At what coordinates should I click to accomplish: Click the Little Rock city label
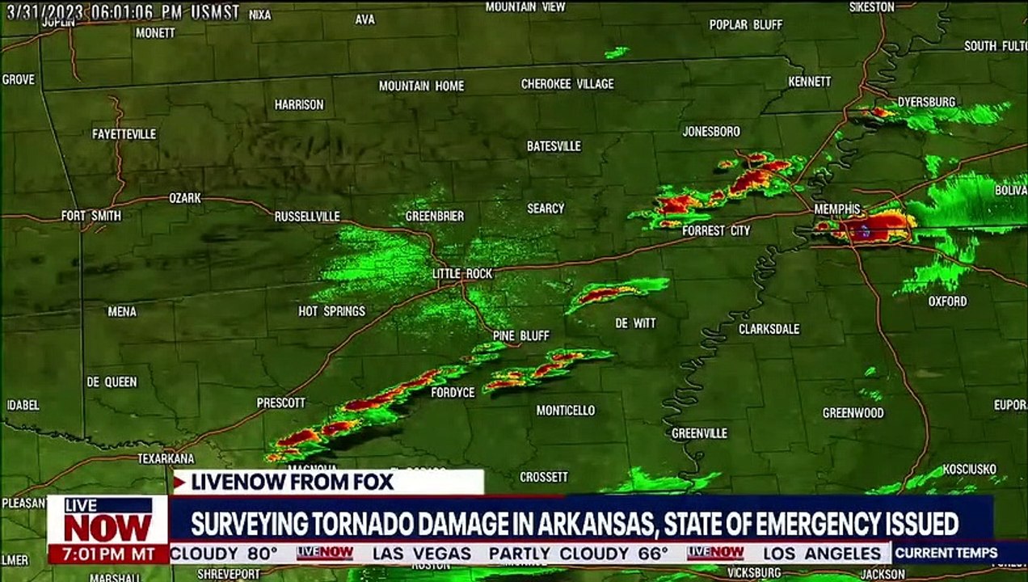coord(461,274)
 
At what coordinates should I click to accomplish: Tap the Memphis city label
coord(836,209)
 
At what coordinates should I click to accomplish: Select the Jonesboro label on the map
coord(710,131)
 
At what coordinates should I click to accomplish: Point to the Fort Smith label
coord(91,216)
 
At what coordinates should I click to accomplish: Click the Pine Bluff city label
coord(520,335)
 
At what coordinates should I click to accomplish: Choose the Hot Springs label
coord(331,311)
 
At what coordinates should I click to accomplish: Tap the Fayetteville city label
coord(124,134)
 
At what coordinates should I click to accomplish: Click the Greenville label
coord(699,433)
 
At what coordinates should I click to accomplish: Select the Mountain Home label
coord(421,86)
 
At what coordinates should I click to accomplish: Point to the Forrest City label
coord(716,231)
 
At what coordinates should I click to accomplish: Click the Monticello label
coord(565,411)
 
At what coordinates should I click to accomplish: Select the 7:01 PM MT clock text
coord(107,555)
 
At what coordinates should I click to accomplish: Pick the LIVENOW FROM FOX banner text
coord(291,483)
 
